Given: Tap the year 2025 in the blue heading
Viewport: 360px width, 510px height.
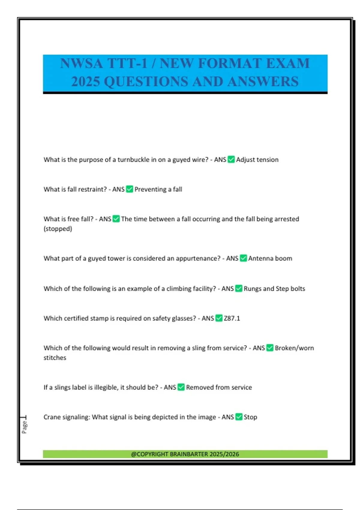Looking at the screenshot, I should click(85, 82).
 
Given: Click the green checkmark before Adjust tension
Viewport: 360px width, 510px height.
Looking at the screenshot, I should click(231, 159).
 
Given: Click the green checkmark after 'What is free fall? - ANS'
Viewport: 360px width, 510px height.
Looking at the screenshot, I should click(116, 219).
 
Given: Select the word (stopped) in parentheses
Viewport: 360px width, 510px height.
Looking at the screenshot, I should click(58, 229).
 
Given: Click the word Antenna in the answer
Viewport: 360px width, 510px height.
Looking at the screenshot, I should click(260, 258).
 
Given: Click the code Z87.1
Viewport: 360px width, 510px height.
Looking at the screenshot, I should click(232, 318).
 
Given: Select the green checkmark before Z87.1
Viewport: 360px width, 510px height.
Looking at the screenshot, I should click(219, 318).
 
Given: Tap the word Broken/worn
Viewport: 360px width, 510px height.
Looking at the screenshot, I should click(294, 348).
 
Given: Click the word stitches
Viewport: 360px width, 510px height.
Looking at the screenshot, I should click(55, 358).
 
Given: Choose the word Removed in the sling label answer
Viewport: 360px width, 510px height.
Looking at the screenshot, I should click(199, 387).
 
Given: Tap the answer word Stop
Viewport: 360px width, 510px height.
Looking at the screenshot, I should click(250, 417).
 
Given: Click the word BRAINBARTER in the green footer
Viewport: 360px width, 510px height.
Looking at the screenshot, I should click(189, 454).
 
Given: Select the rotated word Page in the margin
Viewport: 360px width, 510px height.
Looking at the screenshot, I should click(24, 427).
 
